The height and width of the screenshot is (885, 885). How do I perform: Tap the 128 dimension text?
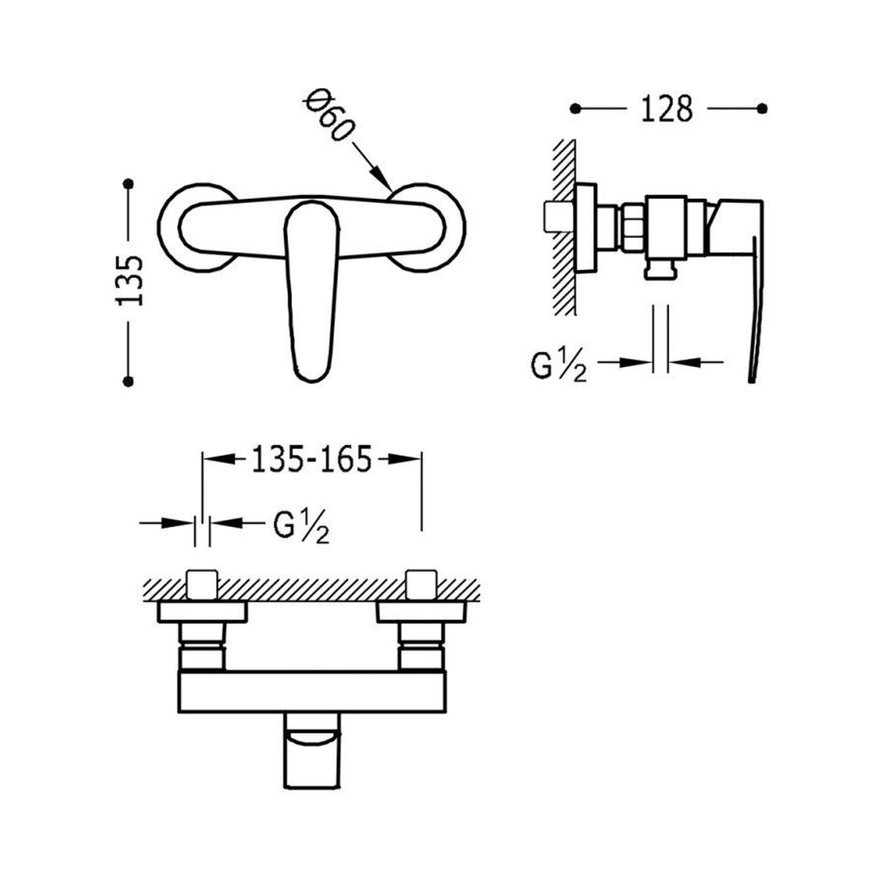pos(666,109)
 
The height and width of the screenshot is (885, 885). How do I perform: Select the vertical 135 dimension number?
pos(130,281)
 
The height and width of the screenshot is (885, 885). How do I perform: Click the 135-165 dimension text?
pos(312,459)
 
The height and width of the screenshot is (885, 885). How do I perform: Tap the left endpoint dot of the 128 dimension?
pos(575,109)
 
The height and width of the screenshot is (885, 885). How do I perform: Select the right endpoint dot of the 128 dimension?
pos(763,109)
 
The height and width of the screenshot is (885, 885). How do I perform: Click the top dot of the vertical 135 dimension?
pos(128,184)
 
